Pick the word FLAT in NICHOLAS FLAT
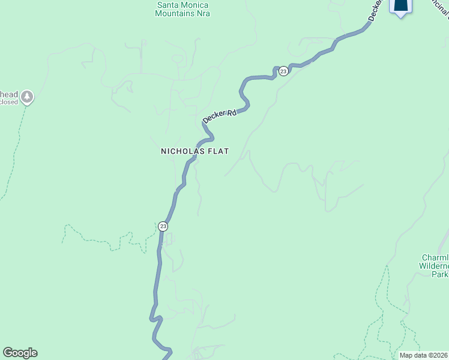point(218,152)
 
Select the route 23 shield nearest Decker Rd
point(283,71)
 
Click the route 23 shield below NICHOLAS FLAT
point(163,226)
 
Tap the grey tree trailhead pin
point(26,97)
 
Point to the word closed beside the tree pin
point(9,102)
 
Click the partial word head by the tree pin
point(8,94)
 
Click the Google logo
point(20,352)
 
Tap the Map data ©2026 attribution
point(423,355)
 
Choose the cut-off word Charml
point(435,258)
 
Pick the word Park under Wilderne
point(440,274)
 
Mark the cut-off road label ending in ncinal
point(439,7)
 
